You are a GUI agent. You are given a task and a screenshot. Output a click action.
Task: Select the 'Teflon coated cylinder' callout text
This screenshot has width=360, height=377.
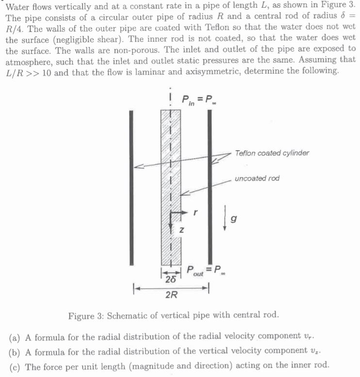(272, 153)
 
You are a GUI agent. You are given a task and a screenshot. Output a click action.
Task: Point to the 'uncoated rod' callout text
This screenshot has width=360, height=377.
(257, 178)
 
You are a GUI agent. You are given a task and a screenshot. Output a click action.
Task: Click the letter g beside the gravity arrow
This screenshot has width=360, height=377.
(234, 219)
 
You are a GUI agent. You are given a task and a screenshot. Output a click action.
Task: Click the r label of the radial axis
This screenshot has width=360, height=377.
(195, 212)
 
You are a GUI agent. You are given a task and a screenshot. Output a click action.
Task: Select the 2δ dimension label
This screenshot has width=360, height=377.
(170, 280)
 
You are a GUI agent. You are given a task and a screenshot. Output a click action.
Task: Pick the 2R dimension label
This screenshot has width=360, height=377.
(171, 296)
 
